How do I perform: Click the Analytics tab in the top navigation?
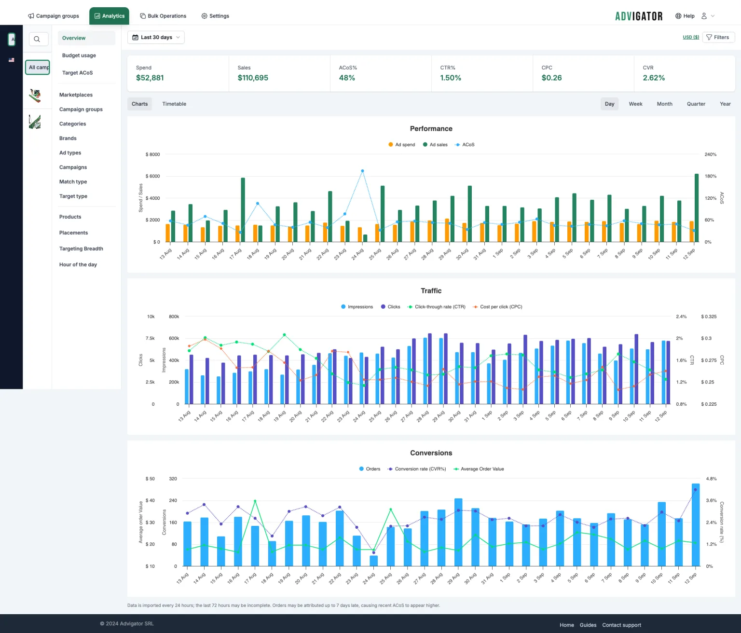point(110,16)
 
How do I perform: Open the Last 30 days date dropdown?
point(156,37)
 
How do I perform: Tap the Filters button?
point(718,37)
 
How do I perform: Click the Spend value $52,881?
point(150,78)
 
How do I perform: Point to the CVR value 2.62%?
point(654,78)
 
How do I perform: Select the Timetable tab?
point(174,104)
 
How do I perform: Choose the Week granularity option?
point(635,104)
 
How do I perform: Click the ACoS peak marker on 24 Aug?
point(362,171)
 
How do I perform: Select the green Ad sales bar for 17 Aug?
point(243,210)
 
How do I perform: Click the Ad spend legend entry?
point(401,145)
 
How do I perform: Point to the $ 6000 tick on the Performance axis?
point(153,177)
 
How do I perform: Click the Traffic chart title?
point(431,291)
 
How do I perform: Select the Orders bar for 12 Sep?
point(696,525)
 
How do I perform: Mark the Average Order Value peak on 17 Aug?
point(255,501)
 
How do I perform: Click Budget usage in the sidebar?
point(79,55)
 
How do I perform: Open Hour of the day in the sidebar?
point(78,264)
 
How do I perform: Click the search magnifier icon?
point(37,39)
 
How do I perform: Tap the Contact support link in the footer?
point(622,625)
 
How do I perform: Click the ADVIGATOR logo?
point(639,16)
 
